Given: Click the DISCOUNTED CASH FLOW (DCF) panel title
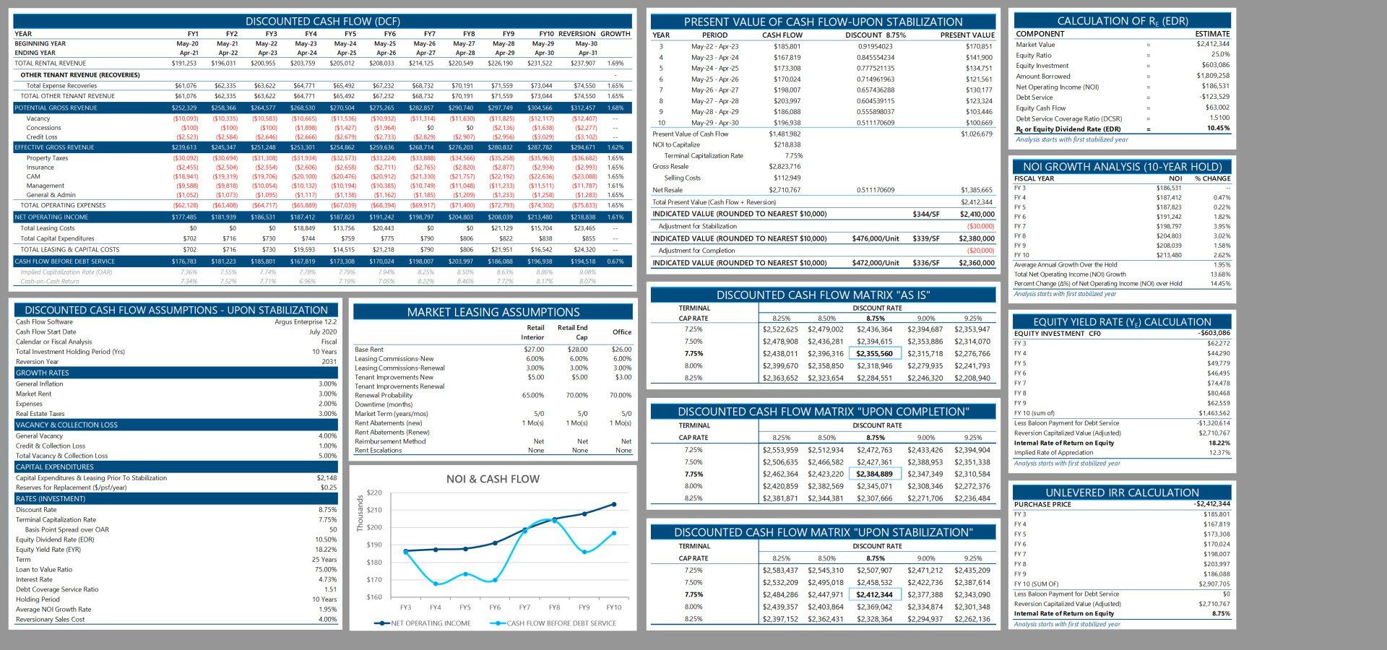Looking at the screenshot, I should pyautogui.click(x=322, y=21).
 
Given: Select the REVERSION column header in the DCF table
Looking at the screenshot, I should pyautogui.click(x=576, y=34).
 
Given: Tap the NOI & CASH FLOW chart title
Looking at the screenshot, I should pyautogui.click(x=493, y=479).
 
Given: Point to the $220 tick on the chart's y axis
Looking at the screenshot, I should pyautogui.click(x=374, y=493).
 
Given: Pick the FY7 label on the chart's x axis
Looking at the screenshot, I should pyautogui.click(x=524, y=607).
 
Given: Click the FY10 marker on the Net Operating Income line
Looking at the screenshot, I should pyautogui.click(x=614, y=504).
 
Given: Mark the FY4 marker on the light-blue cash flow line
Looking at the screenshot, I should pyautogui.click(x=436, y=584).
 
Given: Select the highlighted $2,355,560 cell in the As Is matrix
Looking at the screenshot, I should pyautogui.click(x=874, y=354).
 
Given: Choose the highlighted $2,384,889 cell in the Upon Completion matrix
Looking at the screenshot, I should pyautogui.click(x=874, y=474).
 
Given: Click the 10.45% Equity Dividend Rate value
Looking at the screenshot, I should pyautogui.click(x=1217, y=129).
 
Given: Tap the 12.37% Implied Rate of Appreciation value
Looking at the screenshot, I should pyautogui.click(x=1219, y=453).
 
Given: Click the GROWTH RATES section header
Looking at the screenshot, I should pyautogui.click(x=43, y=373).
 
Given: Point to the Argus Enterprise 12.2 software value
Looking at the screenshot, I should pyautogui.click(x=306, y=322).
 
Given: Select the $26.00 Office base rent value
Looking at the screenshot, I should pyautogui.click(x=621, y=350).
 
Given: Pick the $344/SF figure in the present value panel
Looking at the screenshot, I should pyautogui.click(x=925, y=214).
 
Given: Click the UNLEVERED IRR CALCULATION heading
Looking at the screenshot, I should pyautogui.click(x=1122, y=493).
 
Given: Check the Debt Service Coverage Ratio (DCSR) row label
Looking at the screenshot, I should pyautogui.click(x=1068, y=118).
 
